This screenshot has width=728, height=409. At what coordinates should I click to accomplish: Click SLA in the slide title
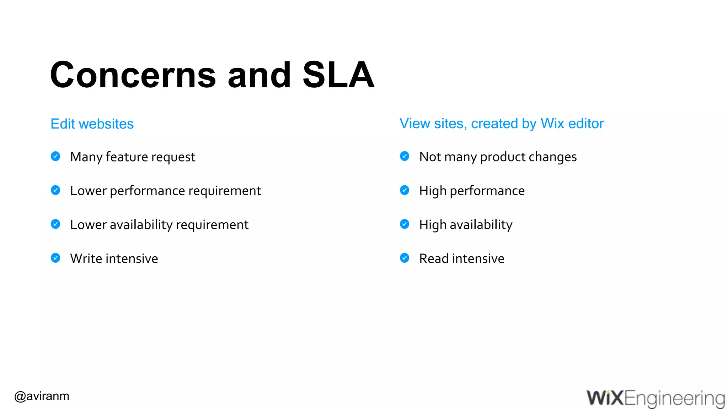(x=338, y=75)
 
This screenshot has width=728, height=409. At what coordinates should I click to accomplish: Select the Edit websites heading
(x=92, y=124)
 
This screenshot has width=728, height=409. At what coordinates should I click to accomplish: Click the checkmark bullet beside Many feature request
(x=55, y=156)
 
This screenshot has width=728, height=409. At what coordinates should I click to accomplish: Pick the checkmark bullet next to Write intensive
(x=55, y=258)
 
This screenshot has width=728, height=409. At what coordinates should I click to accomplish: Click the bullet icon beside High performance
(x=405, y=190)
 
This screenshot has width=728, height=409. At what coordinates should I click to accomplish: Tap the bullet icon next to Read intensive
(x=405, y=258)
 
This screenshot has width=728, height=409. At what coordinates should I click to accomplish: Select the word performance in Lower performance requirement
(x=147, y=191)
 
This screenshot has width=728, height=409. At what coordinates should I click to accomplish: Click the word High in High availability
(x=433, y=225)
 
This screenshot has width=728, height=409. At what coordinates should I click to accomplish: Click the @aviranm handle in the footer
(x=42, y=396)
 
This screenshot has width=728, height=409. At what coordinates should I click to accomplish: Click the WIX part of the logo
(x=605, y=398)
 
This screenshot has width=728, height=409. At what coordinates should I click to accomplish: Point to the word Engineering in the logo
(x=674, y=399)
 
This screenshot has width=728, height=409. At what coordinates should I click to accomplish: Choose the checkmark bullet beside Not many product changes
(x=405, y=156)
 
